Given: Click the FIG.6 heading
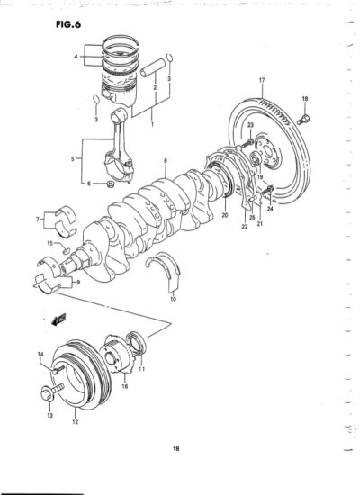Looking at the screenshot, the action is [x=68, y=24].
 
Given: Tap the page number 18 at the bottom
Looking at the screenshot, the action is [x=176, y=448].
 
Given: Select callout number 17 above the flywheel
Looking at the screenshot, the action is [x=262, y=80].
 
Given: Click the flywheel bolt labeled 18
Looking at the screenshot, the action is [x=303, y=120].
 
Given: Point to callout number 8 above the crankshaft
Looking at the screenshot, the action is [x=166, y=161].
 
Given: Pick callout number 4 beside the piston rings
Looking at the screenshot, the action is [x=76, y=57].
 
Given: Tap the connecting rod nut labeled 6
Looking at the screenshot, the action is [x=110, y=184].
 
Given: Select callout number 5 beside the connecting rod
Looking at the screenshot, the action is [x=73, y=159].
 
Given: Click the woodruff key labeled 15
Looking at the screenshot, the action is [x=66, y=251].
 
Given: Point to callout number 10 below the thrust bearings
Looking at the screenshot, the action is [x=173, y=298].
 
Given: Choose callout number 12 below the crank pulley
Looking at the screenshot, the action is [x=76, y=422].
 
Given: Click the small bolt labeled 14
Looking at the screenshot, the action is [x=58, y=369].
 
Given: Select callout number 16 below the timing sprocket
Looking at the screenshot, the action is [x=125, y=386].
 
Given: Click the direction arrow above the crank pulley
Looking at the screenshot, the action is [x=58, y=319].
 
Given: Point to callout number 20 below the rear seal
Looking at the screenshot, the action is [x=225, y=216].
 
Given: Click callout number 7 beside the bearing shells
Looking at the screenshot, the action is [x=38, y=219].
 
